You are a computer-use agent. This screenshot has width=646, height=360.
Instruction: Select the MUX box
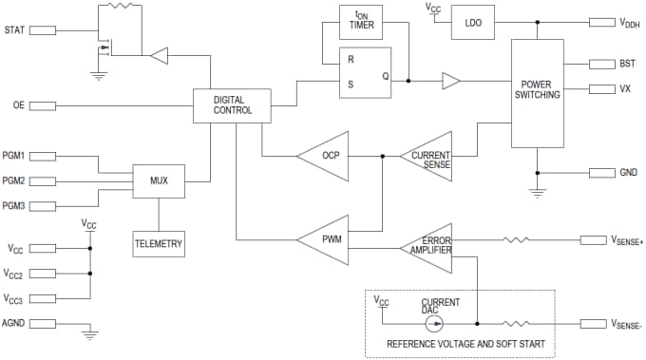(x=159, y=180)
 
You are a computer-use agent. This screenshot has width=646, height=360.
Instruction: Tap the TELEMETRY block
(x=159, y=244)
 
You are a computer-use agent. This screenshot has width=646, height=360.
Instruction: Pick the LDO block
(x=474, y=22)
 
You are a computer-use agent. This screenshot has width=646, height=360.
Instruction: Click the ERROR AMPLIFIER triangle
(x=432, y=244)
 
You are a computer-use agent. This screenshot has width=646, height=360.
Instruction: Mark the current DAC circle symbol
(x=433, y=322)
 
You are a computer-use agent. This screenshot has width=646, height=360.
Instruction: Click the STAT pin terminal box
(x=43, y=30)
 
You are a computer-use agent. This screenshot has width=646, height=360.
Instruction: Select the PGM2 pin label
(x=14, y=180)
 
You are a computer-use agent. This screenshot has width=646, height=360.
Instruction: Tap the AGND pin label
(x=13, y=323)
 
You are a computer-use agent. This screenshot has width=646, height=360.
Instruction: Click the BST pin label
(x=629, y=64)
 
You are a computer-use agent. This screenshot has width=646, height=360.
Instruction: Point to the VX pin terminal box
(x=603, y=89)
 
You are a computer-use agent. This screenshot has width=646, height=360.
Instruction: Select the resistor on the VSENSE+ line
(x=516, y=240)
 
